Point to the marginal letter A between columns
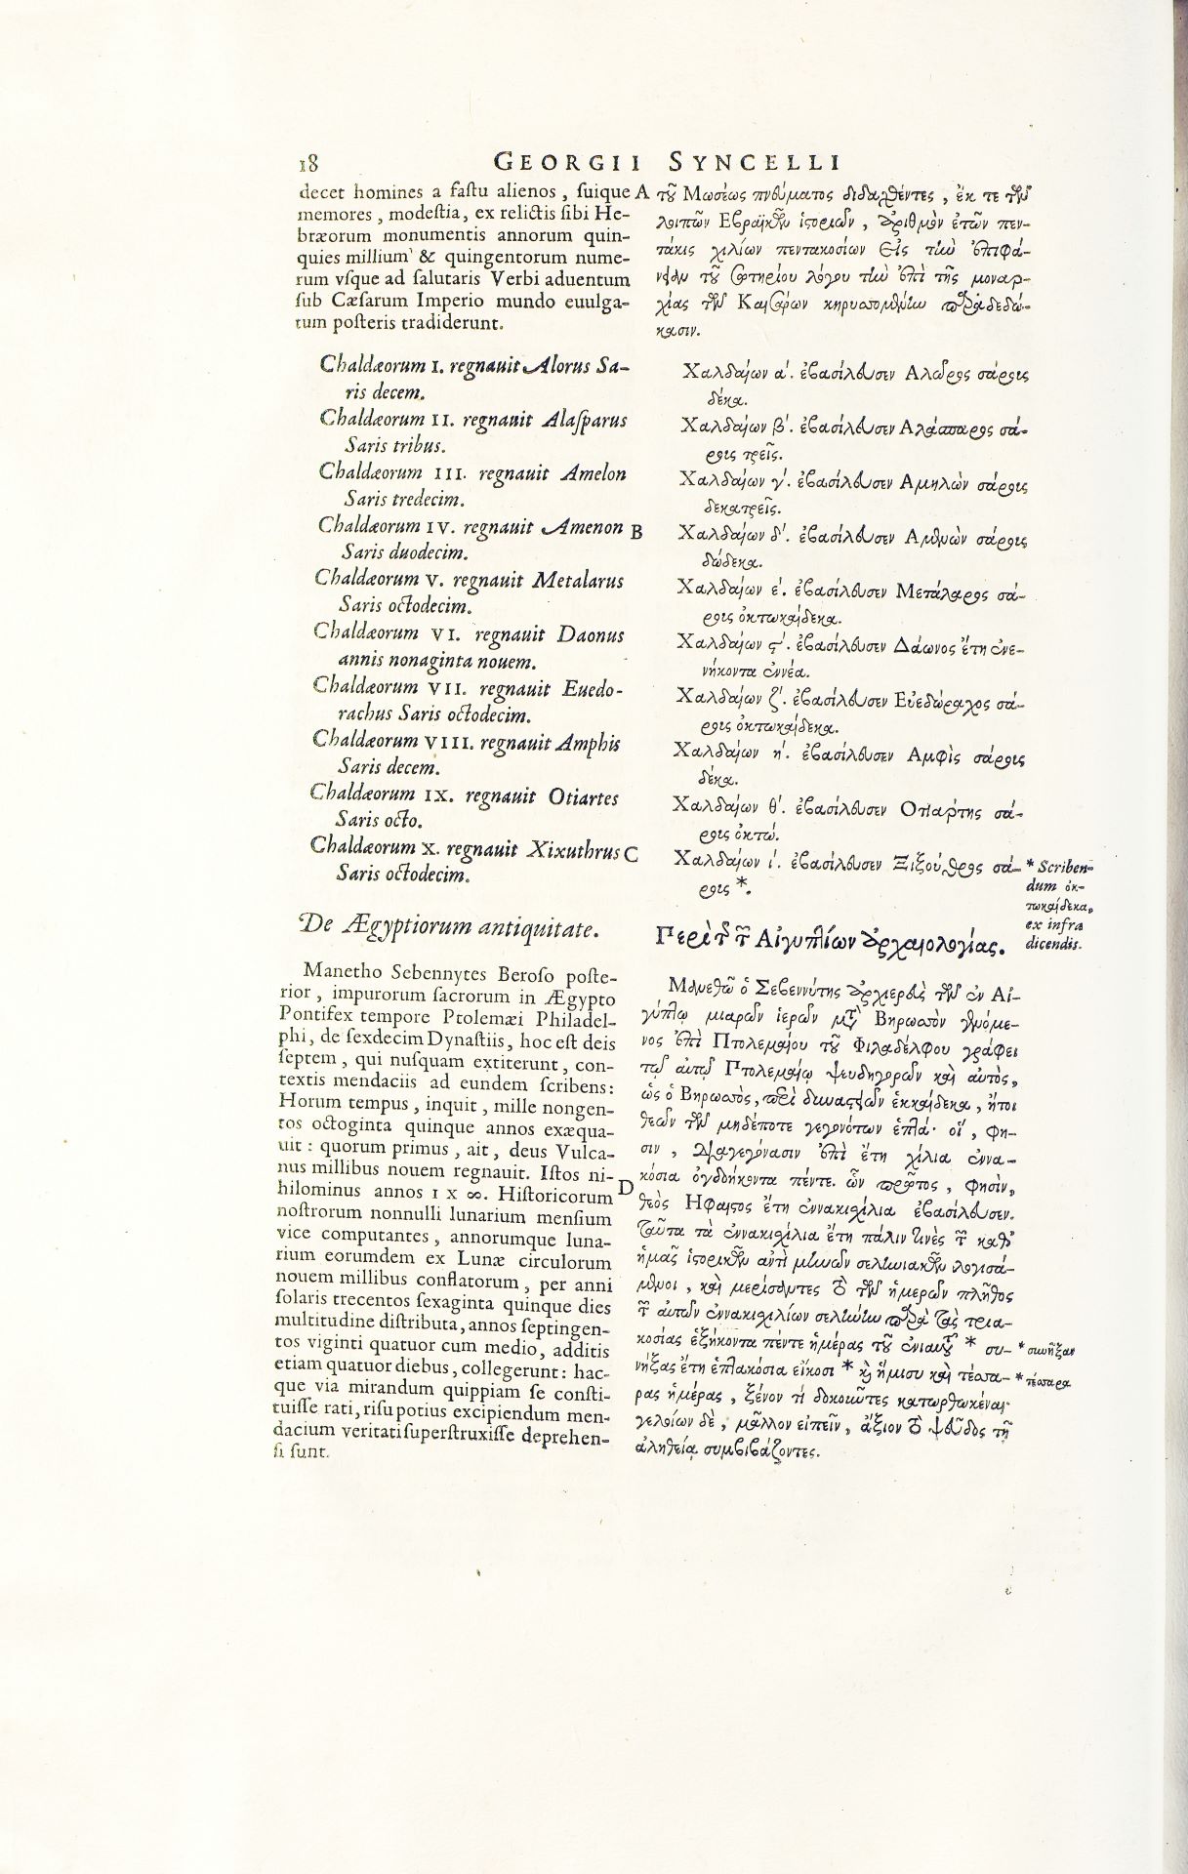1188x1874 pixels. click(642, 190)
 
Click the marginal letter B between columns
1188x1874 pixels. click(636, 532)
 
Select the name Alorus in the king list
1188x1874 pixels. click(557, 367)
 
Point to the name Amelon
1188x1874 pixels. click(594, 474)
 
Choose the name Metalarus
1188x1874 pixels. click(578, 581)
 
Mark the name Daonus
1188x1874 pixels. click(590, 635)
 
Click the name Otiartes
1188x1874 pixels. click(591, 797)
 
